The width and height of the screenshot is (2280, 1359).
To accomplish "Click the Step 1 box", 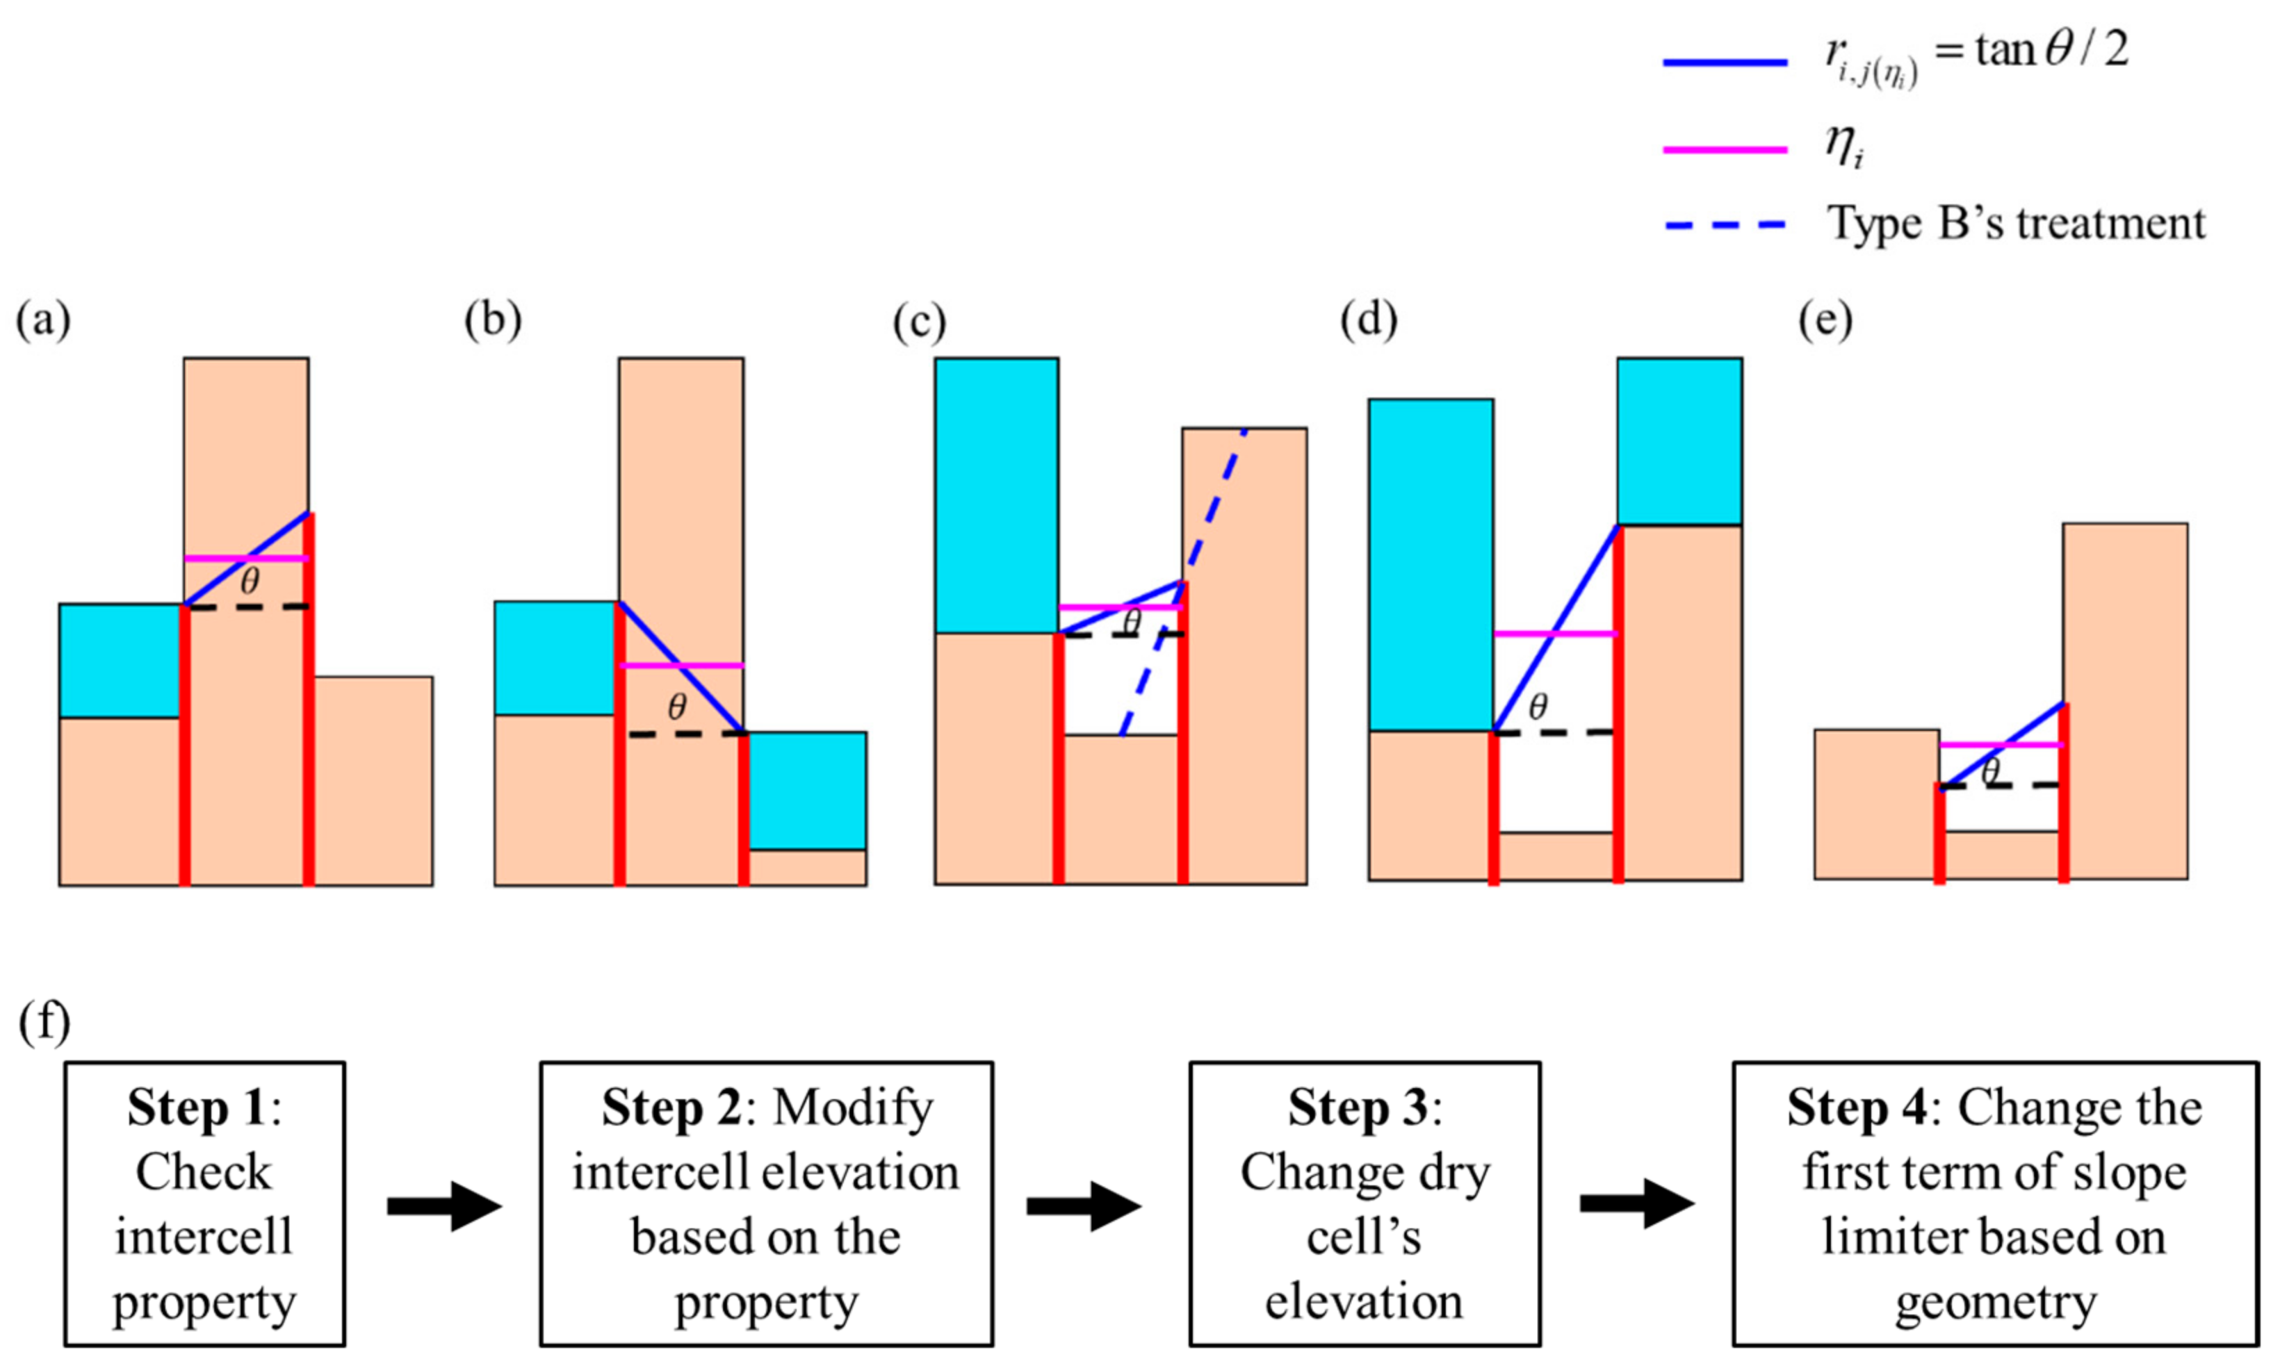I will [x=204, y=1203].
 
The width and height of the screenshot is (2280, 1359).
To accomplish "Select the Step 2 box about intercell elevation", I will [x=766, y=1203].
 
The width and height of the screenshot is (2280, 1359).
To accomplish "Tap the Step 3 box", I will [x=1364, y=1203].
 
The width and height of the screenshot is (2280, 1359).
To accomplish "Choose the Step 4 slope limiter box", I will [x=1994, y=1203].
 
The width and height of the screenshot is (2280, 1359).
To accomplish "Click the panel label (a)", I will [x=43, y=322].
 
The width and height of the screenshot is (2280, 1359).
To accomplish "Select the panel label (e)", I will [x=1825, y=322].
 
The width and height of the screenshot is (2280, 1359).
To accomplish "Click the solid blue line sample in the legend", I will [x=1724, y=63].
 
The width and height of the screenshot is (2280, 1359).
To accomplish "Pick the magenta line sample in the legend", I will [x=1724, y=149].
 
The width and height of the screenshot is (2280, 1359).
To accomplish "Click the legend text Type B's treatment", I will [x=2015, y=224].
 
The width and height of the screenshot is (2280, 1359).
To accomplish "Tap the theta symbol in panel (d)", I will [x=1538, y=706].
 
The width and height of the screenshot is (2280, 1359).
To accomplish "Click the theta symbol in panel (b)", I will [x=676, y=706].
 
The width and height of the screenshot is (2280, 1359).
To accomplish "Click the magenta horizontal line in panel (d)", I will [x=1556, y=634].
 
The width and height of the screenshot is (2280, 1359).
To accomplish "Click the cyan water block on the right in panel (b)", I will [x=807, y=790].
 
